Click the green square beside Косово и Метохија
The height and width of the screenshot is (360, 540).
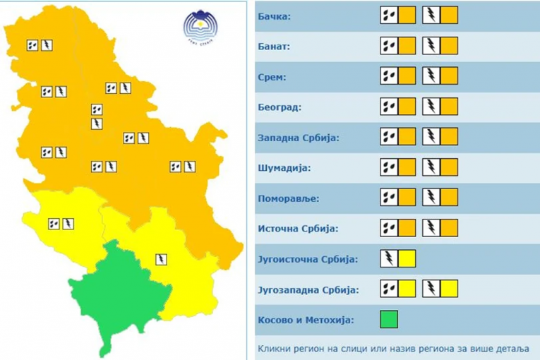pos(389,319)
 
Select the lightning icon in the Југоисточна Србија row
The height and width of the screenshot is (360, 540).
pos(389,258)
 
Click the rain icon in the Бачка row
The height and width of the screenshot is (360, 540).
pos(389,15)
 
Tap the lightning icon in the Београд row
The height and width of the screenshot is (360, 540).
pos(431,107)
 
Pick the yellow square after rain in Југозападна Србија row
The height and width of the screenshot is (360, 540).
pos(407,289)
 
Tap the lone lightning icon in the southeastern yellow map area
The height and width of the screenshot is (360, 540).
pos(162,259)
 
